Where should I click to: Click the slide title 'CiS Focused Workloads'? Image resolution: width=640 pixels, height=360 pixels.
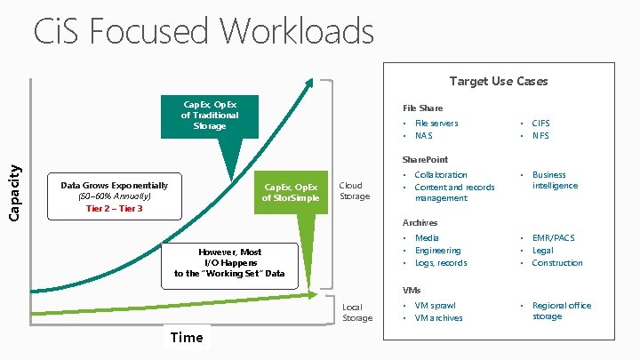(x=203, y=31)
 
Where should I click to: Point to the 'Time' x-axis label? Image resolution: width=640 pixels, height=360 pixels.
(x=186, y=337)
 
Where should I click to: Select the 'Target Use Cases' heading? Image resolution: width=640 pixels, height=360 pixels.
(x=498, y=81)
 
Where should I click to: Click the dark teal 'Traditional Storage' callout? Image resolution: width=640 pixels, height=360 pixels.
(x=210, y=115)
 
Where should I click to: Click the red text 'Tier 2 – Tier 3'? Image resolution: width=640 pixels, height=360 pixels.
(x=114, y=208)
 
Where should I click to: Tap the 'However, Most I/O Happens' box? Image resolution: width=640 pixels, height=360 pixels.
(x=230, y=262)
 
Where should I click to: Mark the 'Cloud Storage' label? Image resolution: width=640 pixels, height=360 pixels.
(x=355, y=191)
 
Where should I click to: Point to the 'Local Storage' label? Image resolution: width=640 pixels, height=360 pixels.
(x=357, y=312)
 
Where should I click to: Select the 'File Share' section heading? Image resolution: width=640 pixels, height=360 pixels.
(x=422, y=108)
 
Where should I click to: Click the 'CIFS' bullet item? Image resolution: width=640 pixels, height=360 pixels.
(x=540, y=124)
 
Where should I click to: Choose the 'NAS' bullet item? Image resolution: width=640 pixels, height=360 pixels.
(x=423, y=136)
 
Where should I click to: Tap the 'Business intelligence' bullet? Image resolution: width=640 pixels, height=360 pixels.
(x=555, y=180)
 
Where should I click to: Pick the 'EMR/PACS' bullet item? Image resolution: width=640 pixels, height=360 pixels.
(x=553, y=238)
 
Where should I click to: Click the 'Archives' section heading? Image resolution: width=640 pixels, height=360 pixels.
(x=420, y=222)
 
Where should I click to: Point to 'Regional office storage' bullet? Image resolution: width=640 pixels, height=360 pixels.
(x=562, y=310)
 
